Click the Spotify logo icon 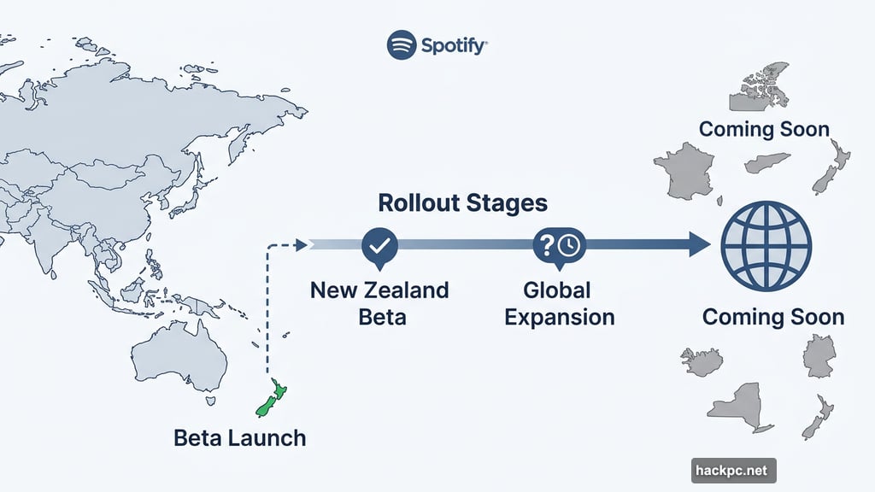click(402, 44)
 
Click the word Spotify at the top click(454, 44)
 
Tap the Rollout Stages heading click(462, 203)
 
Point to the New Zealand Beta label click(379, 302)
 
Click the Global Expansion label click(559, 302)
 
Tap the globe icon click(766, 245)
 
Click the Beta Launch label click(239, 438)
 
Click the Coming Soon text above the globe click(764, 130)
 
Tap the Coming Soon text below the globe click(772, 317)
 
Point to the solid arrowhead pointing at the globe click(699, 245)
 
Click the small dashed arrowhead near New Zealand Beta click(301, 245)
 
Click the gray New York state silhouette click(742, 407)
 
